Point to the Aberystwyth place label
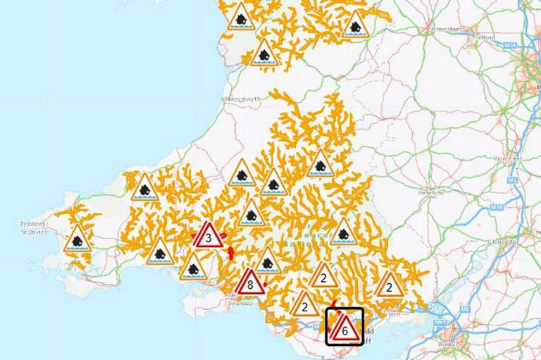242,99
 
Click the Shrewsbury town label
442,30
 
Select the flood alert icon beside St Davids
77,241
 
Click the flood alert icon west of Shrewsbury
356,27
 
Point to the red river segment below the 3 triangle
230,252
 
